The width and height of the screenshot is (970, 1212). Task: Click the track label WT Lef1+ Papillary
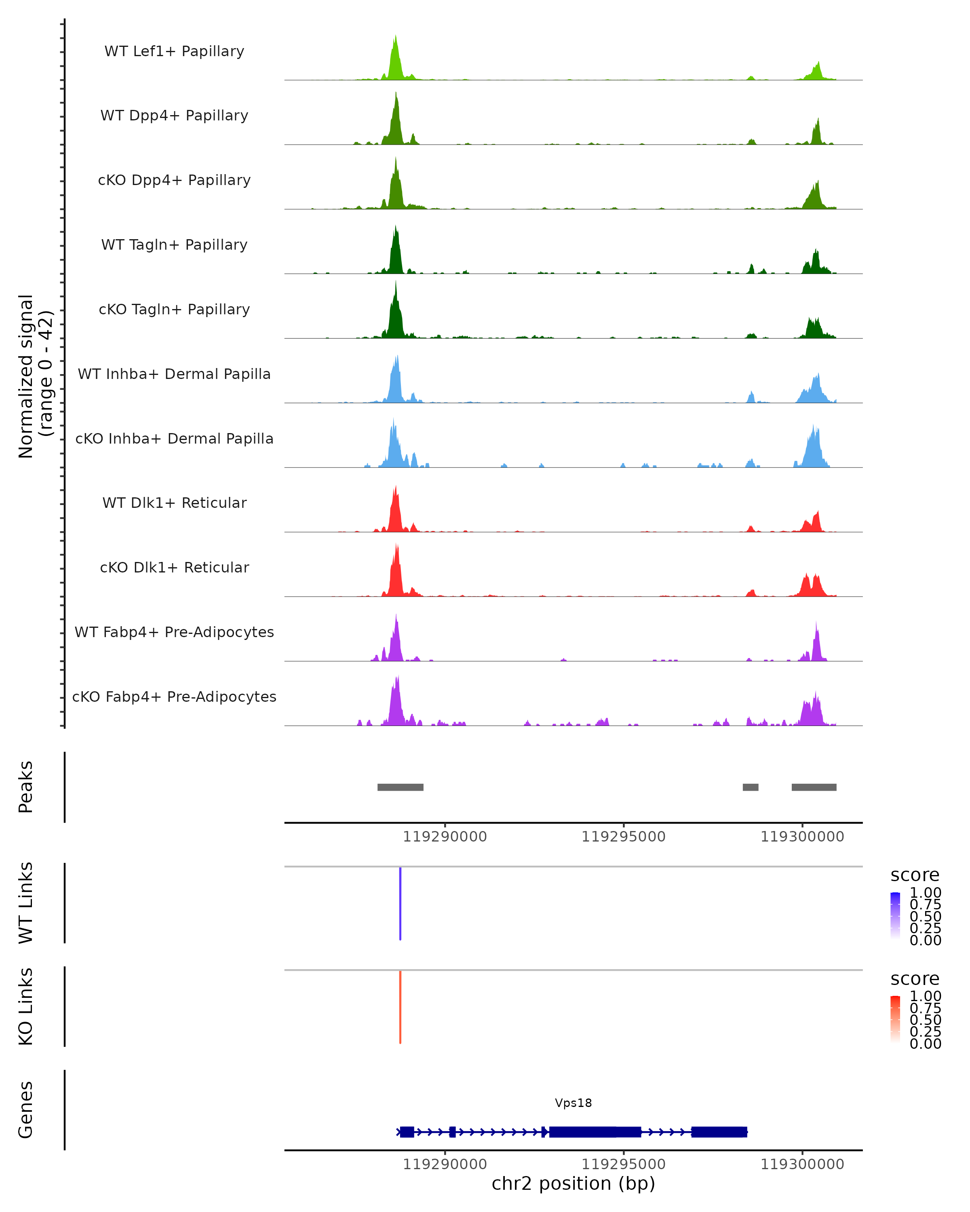pyautogui.click(x=174, y=51)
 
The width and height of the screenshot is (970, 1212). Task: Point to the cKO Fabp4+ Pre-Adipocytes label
pyautogui.click(x=174, y=696)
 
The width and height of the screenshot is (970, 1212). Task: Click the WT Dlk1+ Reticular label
pyautogui.click(x=174, y=503)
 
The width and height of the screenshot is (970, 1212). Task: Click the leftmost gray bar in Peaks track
pyautogui.click(x=401, y=787)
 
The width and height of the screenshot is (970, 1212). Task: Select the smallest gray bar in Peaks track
pyautogui.click(x=750, y=787)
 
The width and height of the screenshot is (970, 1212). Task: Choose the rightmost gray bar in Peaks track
pyautogui.click(x=814, y=787)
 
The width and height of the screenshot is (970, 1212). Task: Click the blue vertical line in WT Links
pyautogui.click(x=401, y=903)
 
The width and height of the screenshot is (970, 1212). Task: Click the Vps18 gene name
pyautogui.click(x=573, y=1103)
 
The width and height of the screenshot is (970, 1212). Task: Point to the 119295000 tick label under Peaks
pyautogui.click(x=623, y=837)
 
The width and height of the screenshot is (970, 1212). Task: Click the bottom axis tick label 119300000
pyautogui.click(x=802, y=1164)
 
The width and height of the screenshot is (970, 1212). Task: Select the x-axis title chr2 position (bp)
pyautogui.click(x=573, y=1183)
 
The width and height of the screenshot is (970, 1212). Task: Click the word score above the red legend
pyautogui.click(x=914, y=979)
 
